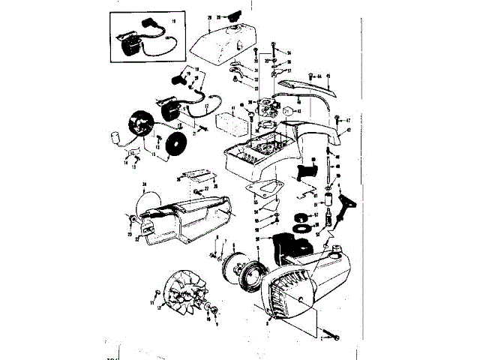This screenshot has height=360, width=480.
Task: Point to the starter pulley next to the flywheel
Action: pyautogui.click(x=242, y=271)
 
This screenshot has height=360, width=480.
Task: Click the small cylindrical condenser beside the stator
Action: pyautogui.click(x=117, y=138)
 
